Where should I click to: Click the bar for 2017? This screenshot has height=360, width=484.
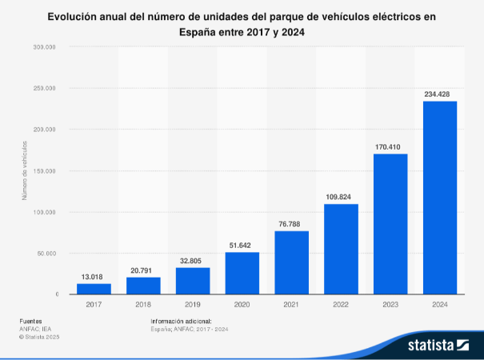(x=94, y=289)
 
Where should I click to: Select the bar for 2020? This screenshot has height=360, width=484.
(x=242, y=274)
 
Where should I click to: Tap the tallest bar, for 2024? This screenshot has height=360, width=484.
(x=439, y=198)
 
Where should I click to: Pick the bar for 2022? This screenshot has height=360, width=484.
(x=341, y=249)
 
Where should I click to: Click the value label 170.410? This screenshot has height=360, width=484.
(x=390, y=146)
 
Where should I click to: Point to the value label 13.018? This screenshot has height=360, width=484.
(x=94, y=277)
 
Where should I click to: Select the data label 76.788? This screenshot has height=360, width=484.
(x=291, y=224)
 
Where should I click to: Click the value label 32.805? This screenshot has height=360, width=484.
(x=193, y=260)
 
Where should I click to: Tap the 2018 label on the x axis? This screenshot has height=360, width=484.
(x=143, y=304)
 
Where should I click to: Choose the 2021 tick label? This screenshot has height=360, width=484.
(x=291, y=304)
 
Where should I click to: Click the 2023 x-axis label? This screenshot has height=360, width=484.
(x=390, y=304)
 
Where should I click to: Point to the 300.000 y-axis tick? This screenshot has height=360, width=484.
(x=45, y=47)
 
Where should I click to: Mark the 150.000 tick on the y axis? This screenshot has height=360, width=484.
(x=45, y=170)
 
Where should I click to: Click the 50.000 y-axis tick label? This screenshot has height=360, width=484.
(x=46, y=253)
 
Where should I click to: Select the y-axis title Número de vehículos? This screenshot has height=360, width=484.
(x=25, y=170)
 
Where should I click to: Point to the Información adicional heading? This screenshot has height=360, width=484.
(x=181, y=321)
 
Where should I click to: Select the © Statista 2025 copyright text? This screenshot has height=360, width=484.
(x=39, y=337)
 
